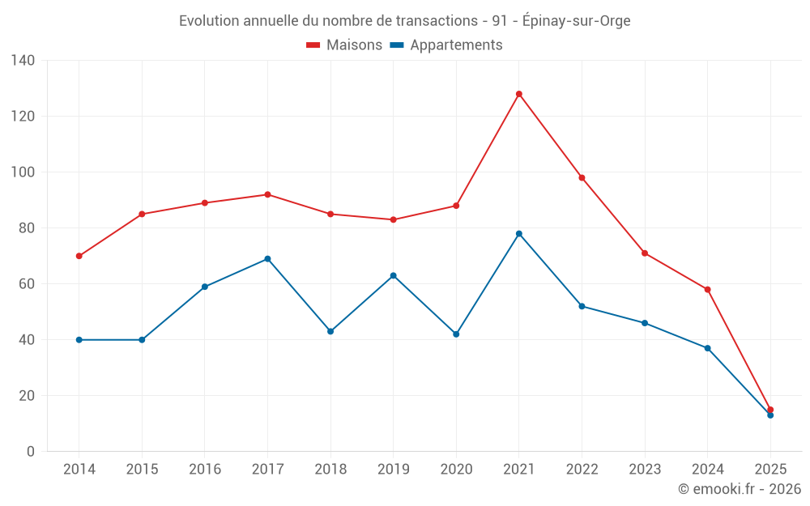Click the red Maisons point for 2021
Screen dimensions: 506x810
pos(519,94)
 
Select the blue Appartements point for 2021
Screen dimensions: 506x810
pos(519,234)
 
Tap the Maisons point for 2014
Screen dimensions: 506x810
pos(79,256)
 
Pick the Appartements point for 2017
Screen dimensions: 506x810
pos(267,259)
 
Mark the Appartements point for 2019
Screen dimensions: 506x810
pos(394,276)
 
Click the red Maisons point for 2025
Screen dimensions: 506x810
pos(770,410)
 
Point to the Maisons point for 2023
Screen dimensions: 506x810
pos(645,253)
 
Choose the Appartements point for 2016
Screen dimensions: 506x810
pos(205,287)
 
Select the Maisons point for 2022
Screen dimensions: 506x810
pos(582,178)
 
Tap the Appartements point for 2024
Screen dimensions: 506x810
pos(708,348)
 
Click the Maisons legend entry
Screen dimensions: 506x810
pos(344,45)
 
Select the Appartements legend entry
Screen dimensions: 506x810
pos(446,45)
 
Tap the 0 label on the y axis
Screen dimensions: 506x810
pos(31,452)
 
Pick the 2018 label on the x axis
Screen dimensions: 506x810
pos(330,470)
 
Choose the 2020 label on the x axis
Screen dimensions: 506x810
pos(456,470)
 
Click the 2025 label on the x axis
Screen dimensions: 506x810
pos(770,470)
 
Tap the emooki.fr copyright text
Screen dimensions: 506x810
pos(740,489)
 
